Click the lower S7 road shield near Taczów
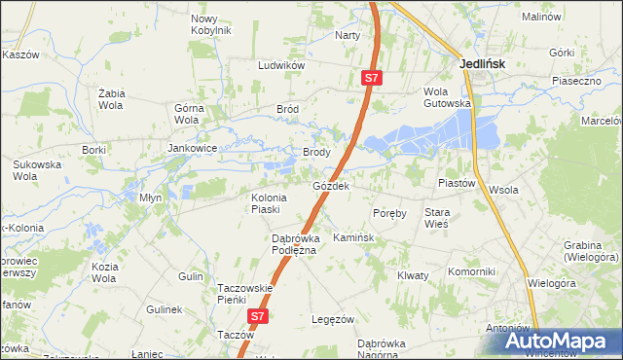256,316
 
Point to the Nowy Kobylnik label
211,24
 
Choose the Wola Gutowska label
447,97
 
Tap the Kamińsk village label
352,237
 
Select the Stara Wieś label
436,217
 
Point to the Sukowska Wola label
36,171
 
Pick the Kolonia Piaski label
266,202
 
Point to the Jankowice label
191,148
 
